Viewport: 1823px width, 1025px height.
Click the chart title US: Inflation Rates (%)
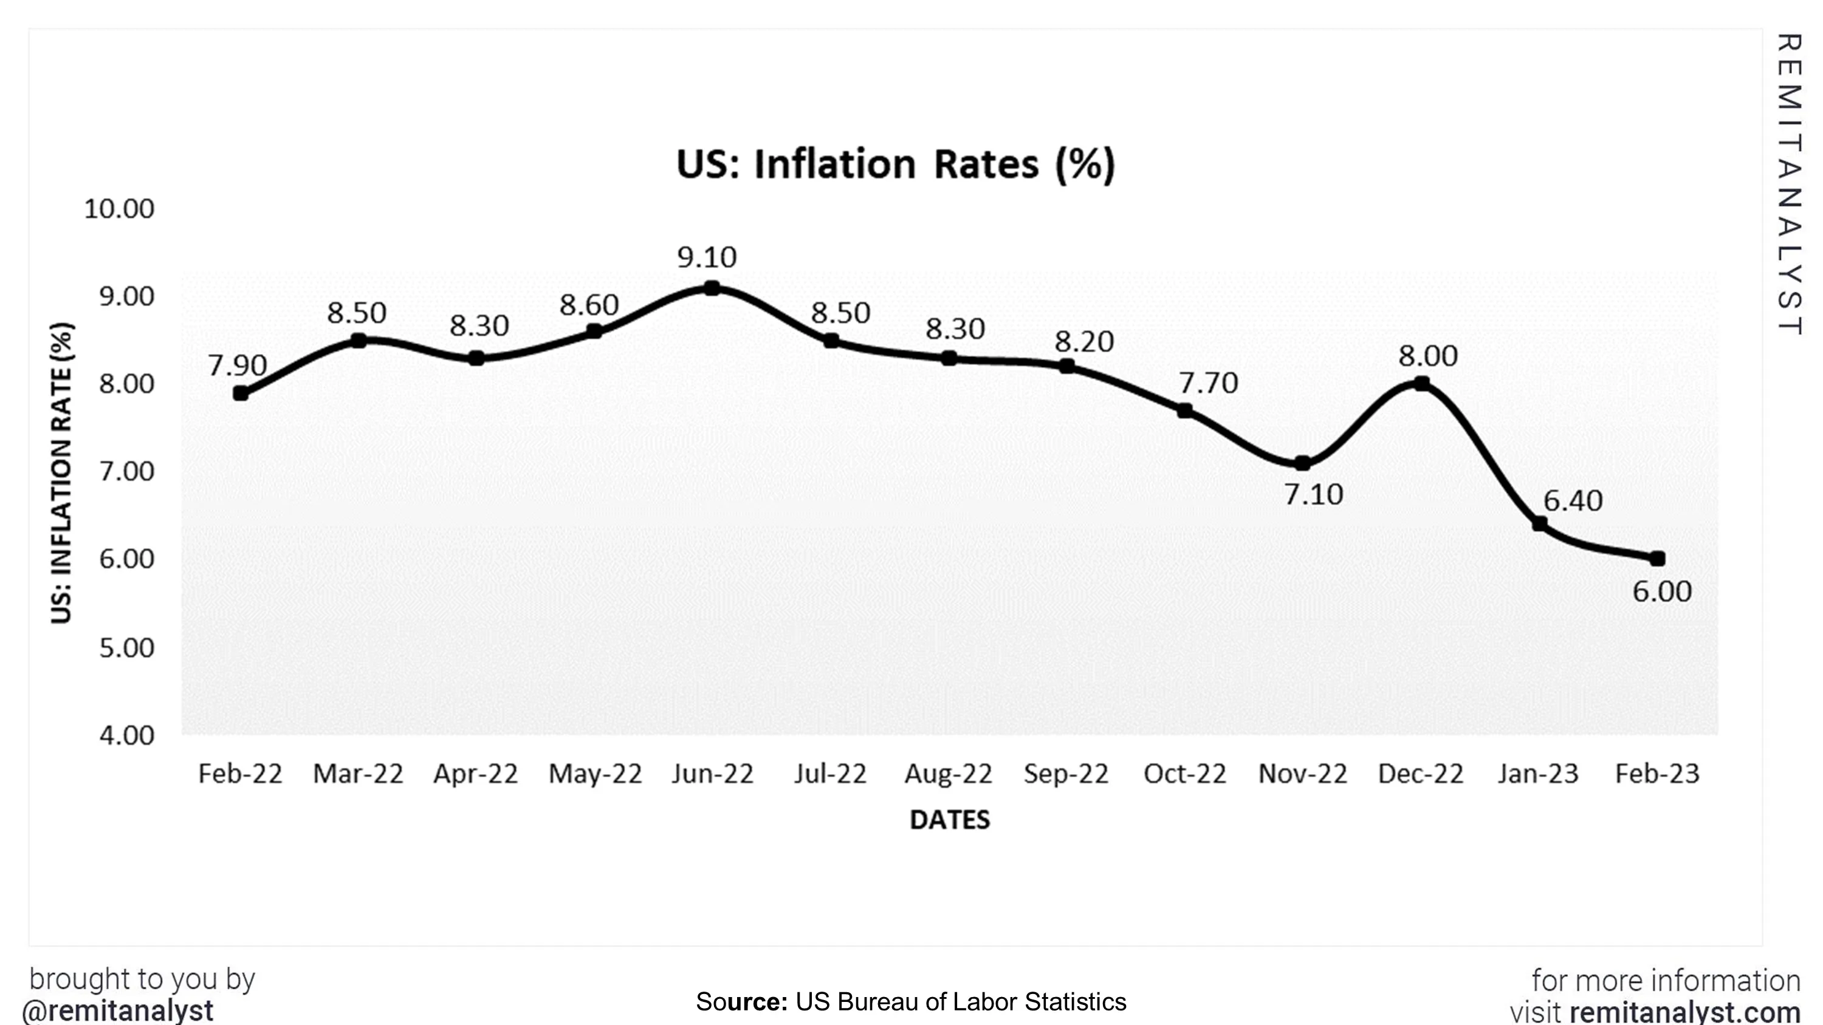coord(895,164)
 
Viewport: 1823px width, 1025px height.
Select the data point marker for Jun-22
coord(712,288)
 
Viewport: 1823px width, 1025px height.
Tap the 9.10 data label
coord(706,257)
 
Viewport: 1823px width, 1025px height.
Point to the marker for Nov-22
coord(1302,463)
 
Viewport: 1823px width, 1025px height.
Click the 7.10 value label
coord(1313,494)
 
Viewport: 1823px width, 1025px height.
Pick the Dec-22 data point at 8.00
coord(1421,383)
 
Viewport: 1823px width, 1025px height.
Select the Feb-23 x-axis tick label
coord(1656,774)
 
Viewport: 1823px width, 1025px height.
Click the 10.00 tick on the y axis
coord(119,209)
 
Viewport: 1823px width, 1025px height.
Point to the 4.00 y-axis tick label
coord(126,736)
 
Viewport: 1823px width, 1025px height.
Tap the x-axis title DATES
coord(949,820)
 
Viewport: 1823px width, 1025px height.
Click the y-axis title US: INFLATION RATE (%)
coord(61,472)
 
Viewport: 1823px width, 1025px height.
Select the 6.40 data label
coord(1573,501)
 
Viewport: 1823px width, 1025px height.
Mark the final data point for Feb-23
coord(1656,559)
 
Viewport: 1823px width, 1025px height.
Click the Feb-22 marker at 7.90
coord(241,393)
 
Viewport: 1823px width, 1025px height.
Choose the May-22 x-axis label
coord(594,774)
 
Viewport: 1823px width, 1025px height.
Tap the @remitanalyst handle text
coord(117,1010)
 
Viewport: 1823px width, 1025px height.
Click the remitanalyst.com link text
coord(1685,1012)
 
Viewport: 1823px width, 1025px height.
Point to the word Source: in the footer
coord(741,1002)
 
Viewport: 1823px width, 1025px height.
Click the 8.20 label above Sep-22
coord(1084,342)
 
